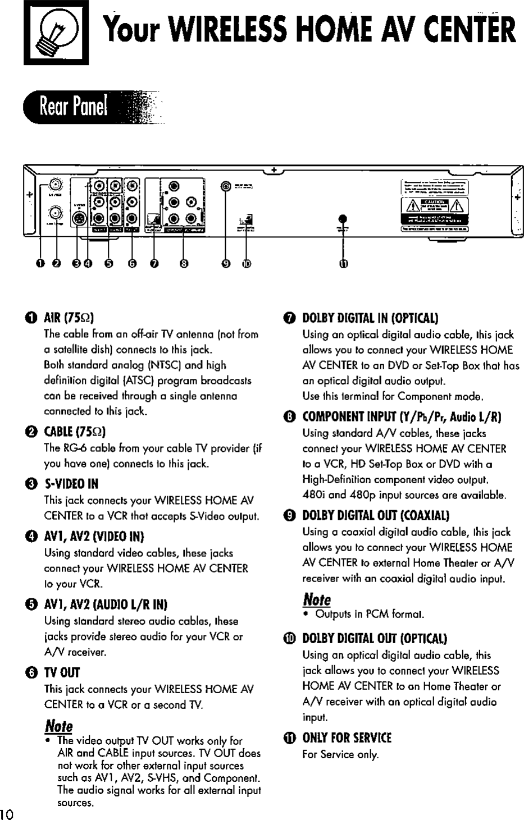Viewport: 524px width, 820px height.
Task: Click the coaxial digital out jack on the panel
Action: pos(226,186)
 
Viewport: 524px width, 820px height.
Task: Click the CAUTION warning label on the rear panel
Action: pos(434,203)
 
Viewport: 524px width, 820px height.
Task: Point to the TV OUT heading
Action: pos(62,672)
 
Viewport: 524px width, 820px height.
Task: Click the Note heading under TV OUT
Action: pos(58,725)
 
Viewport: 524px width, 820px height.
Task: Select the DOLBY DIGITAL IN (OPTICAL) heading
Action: pos(370,318)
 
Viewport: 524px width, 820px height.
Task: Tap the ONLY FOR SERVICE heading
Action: pos(347,737)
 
